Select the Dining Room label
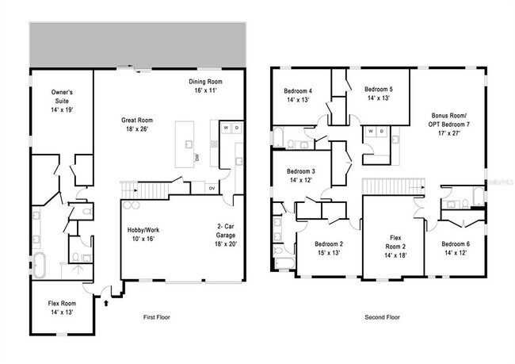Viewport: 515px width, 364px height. click(x=205, y=86)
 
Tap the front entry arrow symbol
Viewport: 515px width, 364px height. click(x=105, y=301)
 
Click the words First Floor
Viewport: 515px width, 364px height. click(x=156, y=317)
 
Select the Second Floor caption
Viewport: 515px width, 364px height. click(x=382, y=317)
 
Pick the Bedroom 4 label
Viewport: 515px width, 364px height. click(x=298, y=95)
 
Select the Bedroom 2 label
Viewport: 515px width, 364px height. click(x=328, y=248)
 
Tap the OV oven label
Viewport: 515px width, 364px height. click(x=211, y=188)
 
